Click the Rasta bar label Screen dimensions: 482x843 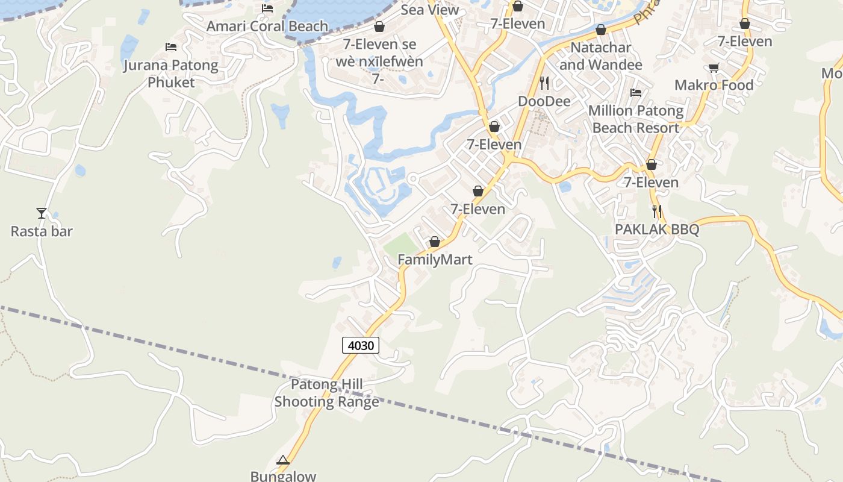42,231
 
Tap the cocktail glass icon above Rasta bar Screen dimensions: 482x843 42,213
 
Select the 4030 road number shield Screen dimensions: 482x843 361,345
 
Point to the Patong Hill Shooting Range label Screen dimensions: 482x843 327,393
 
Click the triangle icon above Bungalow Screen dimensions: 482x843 283,460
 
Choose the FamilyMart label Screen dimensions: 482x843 435,260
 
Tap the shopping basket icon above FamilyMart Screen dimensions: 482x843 434,242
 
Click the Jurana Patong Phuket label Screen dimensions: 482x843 171,74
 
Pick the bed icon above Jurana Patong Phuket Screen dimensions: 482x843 171,46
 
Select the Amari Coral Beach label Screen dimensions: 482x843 267,27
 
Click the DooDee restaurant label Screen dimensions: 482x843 544,101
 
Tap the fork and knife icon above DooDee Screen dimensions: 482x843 544,83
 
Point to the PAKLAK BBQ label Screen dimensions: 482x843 657,230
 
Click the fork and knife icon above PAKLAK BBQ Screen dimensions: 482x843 657,211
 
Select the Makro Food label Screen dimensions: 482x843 714,85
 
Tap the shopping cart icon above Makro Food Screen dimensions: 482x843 714,68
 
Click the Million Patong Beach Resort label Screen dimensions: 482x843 636,119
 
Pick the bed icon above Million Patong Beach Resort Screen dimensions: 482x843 636,93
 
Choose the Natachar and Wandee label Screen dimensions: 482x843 600,56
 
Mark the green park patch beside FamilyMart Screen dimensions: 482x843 400,244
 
